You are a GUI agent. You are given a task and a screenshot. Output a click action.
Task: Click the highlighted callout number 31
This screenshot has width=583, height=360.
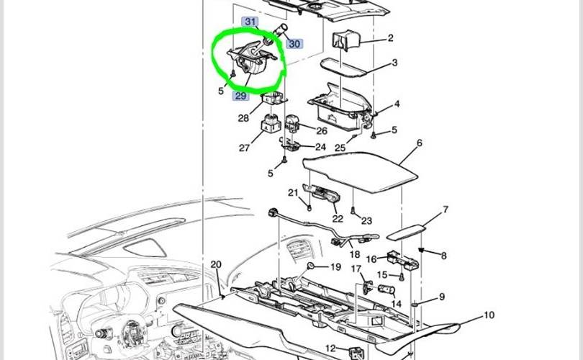point(250,22)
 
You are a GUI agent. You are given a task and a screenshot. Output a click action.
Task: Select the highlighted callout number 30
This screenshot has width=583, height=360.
point(294,44)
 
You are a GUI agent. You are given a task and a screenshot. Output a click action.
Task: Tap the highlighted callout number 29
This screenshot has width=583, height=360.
point(240,96)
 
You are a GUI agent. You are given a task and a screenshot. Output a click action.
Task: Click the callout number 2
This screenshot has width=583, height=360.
point(390,38)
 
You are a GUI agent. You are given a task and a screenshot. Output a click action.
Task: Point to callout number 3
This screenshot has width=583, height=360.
point(394,63)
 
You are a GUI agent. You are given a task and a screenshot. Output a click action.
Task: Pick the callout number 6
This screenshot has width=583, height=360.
point(420,143)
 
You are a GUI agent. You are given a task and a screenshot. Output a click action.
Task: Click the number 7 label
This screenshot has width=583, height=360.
point(446,210)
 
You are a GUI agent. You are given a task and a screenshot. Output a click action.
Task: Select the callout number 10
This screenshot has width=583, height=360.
point(489,315)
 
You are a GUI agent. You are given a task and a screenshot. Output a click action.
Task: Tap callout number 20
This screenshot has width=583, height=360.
point(216,264)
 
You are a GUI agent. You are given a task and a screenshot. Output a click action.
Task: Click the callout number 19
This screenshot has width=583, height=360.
point(335,267)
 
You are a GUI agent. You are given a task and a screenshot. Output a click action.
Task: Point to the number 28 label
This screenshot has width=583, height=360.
point(243,118)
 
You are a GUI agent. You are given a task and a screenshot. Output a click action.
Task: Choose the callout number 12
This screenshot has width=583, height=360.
point(330,348)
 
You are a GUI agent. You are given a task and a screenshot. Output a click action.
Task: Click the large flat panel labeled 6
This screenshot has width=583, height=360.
point(360,172)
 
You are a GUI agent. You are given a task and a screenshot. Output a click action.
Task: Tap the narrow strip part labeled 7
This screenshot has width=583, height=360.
point(407,231)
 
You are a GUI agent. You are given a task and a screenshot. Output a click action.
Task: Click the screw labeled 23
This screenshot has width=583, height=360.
point(353,211)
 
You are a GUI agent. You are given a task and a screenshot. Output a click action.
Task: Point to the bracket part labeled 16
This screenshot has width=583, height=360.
point(403,259)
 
